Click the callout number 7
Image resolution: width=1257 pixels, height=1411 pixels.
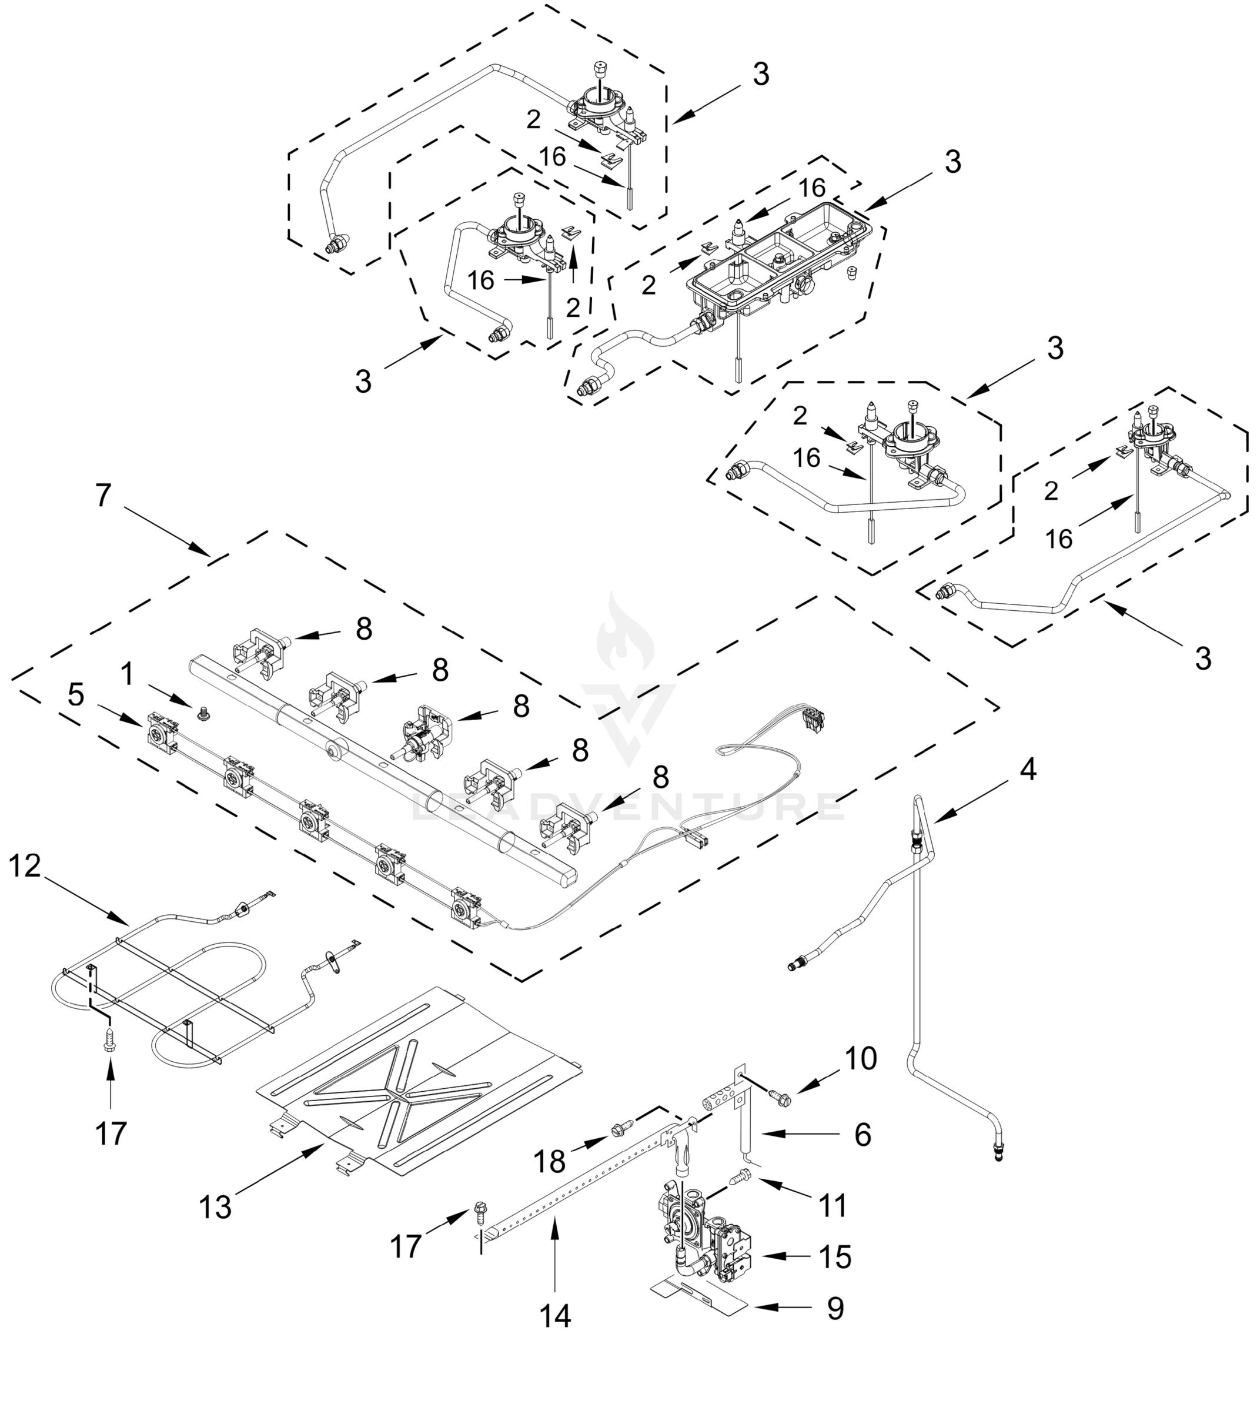click(x=103, y=495)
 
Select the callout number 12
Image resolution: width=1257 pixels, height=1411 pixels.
click(x=25, y=866)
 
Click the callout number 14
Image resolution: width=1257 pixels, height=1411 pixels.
click(x=555, y=1316)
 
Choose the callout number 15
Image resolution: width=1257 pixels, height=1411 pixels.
click(x=835, y=1257)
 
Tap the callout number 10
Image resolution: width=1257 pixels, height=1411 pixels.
click(x=860, y=1058)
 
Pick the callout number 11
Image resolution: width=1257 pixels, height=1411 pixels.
click(x=833, y=1206)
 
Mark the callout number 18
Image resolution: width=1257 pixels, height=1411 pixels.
click(x=550, y=1162)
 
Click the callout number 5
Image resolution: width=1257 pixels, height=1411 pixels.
click(x=76, y=696)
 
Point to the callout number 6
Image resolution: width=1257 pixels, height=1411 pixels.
click(x=862, y=1134)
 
